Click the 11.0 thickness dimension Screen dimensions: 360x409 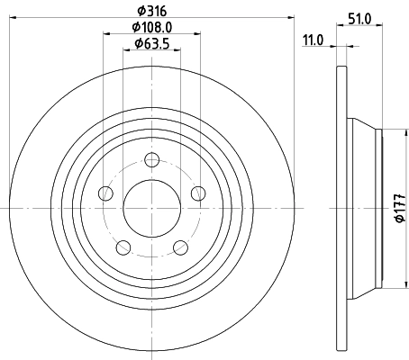pos(314,40)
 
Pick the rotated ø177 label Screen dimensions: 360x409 pos(399,209)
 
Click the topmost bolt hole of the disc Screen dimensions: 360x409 pos(151,161)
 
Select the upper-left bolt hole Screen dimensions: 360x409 pos(106,193)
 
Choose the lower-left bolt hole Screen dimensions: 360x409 pos(123,247)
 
